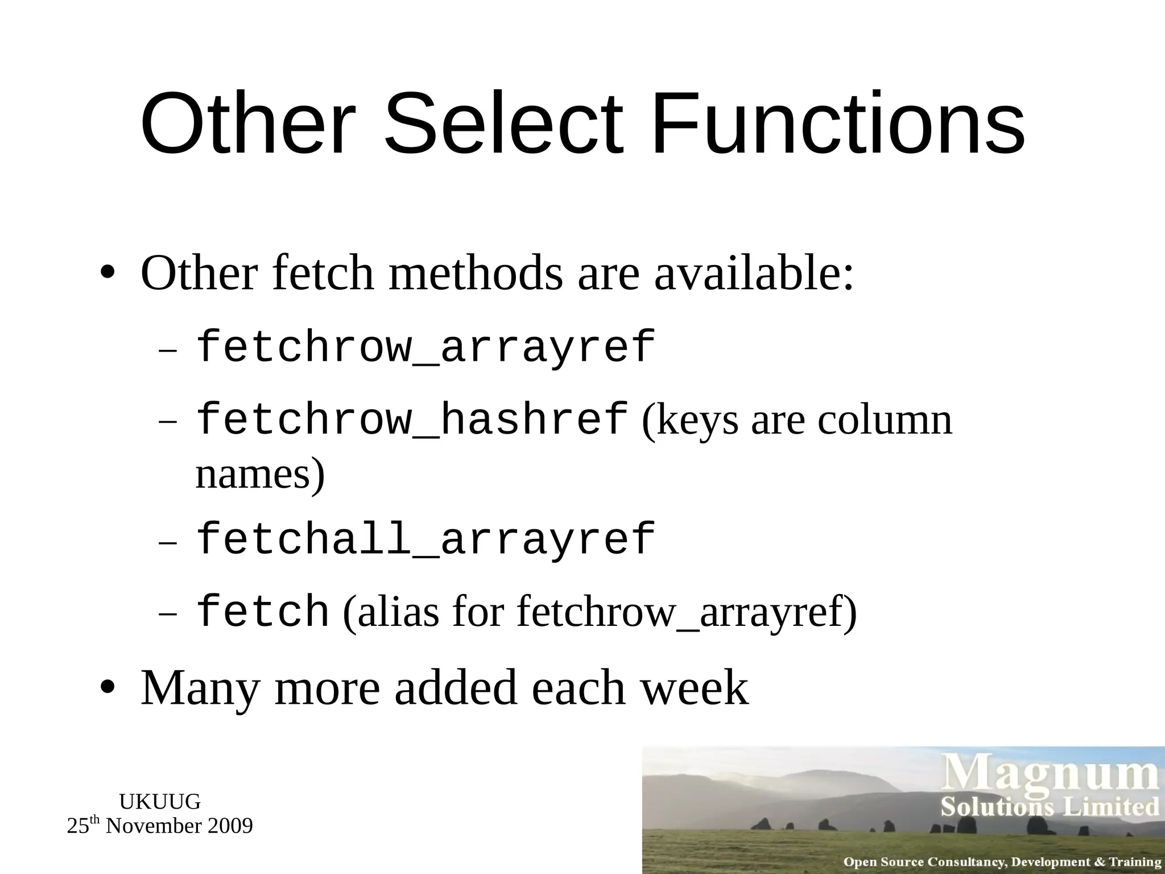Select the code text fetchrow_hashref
click(412, 419)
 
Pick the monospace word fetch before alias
click(262, 612)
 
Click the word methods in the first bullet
click(476, 273)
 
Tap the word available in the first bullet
click(754, 273)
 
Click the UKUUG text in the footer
click(160, 802)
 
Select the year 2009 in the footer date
click(230, 826)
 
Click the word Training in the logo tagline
click(1135, 862)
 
